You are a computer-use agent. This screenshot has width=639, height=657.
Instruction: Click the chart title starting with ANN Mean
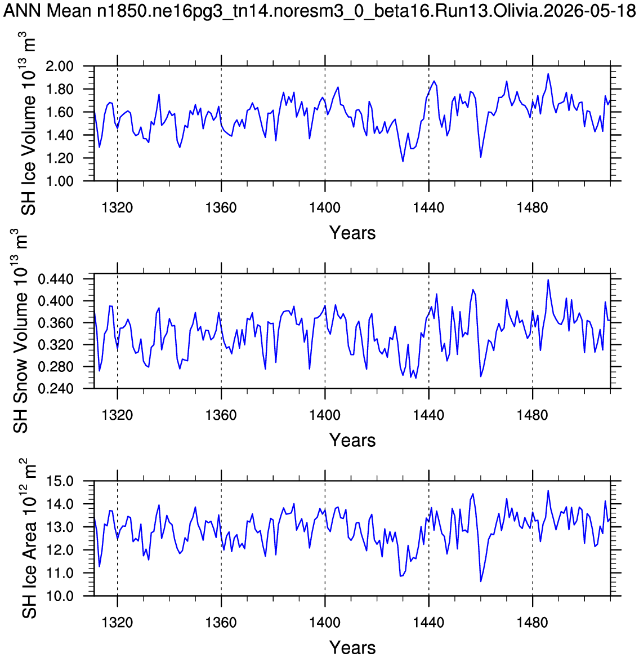(320, 11)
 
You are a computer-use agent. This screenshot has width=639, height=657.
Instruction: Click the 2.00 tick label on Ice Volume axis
(60, 66)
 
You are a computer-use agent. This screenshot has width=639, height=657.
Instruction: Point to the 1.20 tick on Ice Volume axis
(60, 158)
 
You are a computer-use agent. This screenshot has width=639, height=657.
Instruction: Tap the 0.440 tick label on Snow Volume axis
(56, 279)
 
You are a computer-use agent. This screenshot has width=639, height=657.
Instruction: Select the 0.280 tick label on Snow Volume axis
(56, 367)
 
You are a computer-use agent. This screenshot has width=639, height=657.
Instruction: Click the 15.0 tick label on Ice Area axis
(60, 481)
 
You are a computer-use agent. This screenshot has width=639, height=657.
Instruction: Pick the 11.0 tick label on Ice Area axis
(60, 573)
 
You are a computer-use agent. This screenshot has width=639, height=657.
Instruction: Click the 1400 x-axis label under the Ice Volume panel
(325, 207)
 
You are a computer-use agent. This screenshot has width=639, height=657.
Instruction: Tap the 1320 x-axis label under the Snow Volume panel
(117, 415)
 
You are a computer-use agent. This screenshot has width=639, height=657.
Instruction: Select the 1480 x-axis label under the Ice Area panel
(532, 622)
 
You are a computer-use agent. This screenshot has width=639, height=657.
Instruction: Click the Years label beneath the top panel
(352, 233)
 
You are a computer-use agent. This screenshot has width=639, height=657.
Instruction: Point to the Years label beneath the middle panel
(352, 440)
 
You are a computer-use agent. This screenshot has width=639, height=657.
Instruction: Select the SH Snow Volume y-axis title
(20, 331)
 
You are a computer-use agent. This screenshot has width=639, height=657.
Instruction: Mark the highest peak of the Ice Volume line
(548, 74)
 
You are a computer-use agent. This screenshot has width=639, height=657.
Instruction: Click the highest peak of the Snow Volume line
(548, 280)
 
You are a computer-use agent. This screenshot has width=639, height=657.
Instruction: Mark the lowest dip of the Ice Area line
(481, 581)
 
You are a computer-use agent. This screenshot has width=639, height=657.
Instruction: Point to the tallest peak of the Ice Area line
(548, 491)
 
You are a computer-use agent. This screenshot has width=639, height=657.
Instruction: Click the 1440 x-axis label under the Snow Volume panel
(429, 415)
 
